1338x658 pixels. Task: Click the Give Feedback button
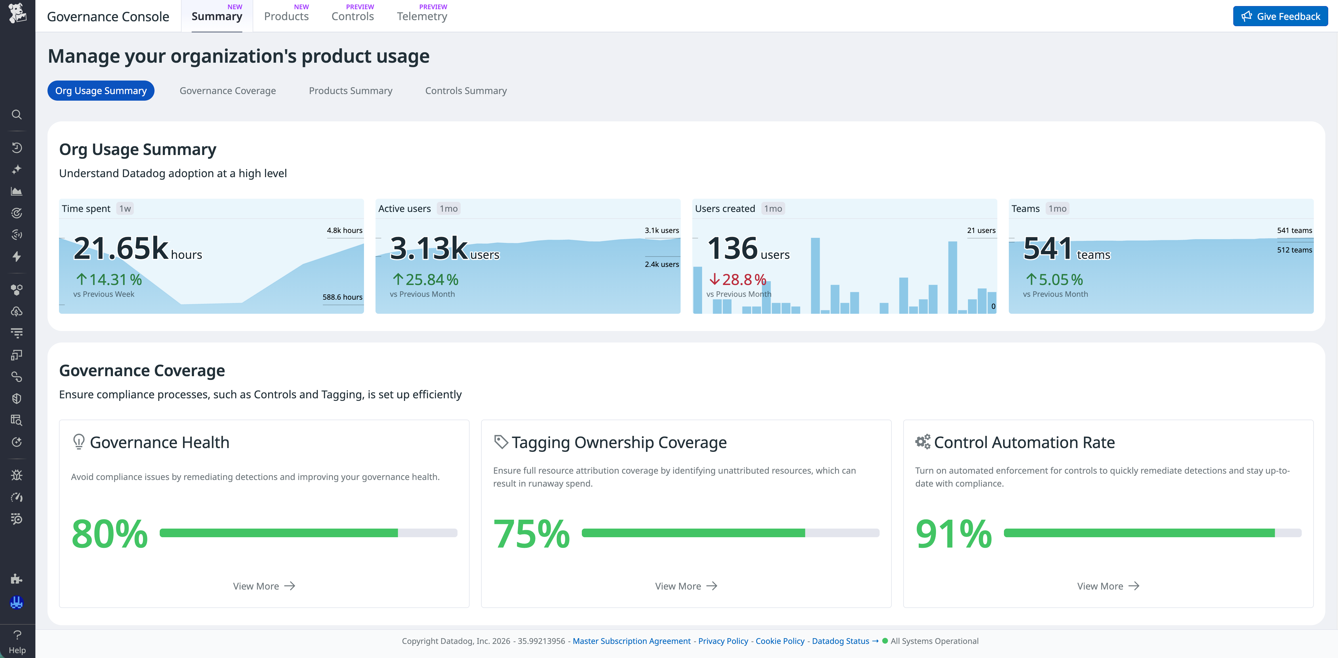(1280, 17)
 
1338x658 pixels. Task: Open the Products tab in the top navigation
(286, 17)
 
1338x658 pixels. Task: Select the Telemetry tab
(422, 17)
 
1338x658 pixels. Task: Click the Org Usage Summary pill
(101, 91)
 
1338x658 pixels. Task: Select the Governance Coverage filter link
(228, 91)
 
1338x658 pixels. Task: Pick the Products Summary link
(350, 91)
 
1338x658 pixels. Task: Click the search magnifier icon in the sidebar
(17, 115)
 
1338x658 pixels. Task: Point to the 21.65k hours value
(137, 248)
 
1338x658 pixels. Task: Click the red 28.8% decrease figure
(737, 280)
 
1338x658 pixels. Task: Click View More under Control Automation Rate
(1108, 586)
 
